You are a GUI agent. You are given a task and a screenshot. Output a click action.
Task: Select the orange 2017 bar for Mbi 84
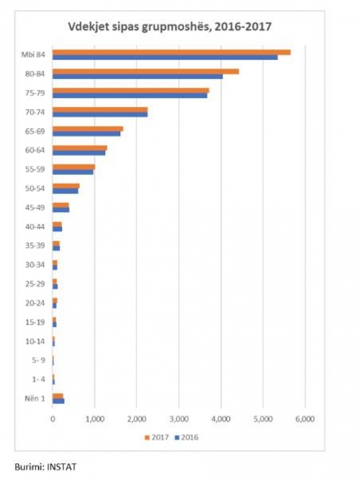click(x=171, y=52)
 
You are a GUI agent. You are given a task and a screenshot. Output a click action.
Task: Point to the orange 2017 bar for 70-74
click(x=100, y=109)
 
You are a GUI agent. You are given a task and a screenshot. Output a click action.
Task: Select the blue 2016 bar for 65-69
click(x=87, y=133)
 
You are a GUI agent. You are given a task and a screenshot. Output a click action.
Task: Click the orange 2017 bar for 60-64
click(x=80, y=148)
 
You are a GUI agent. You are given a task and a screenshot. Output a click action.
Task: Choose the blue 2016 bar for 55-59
click(x=73, y=171)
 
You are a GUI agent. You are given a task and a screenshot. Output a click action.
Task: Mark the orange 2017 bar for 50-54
click(x=66, y=185)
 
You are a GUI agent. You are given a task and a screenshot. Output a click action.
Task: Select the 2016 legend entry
click(x=186, y=437)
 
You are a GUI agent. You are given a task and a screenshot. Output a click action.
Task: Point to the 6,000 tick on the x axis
click(x=305, y=419)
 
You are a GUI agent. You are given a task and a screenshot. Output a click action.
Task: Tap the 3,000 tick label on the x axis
click(x=178, y=419)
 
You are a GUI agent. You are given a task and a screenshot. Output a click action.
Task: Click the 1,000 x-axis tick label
click(x=95, y=419)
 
